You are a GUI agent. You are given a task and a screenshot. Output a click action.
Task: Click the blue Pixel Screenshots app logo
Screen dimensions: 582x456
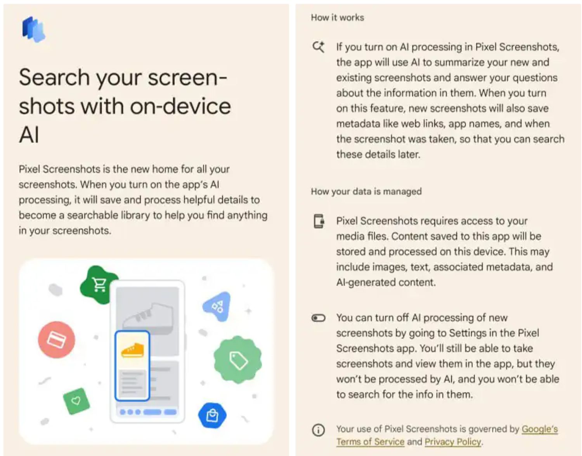34,29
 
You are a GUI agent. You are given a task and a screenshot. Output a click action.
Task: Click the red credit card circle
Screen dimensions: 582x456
57,340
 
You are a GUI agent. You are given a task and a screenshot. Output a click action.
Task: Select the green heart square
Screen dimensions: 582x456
76,401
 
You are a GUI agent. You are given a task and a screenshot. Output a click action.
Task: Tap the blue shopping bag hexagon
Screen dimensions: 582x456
212,415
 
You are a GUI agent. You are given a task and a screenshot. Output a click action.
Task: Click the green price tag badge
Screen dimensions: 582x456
238,360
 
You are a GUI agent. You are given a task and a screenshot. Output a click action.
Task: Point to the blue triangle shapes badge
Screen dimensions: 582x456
218,307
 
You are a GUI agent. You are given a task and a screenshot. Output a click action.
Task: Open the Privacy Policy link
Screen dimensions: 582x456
453,442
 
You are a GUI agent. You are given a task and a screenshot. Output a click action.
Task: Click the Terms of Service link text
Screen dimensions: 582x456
370,442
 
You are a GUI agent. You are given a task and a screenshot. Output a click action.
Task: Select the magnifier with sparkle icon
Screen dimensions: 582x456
319,47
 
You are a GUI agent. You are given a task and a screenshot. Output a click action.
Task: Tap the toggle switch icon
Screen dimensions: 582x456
319,318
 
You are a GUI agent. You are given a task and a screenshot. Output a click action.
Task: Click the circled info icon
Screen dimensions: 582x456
319,430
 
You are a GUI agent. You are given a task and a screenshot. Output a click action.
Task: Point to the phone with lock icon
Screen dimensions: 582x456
319,221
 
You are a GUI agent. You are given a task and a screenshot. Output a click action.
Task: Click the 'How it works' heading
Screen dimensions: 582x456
338,18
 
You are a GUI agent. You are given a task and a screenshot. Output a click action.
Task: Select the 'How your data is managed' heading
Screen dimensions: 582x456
366,191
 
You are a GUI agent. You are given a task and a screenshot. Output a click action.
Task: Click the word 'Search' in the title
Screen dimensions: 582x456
54,77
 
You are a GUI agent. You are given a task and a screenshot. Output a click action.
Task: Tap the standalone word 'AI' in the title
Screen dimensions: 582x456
29,135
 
